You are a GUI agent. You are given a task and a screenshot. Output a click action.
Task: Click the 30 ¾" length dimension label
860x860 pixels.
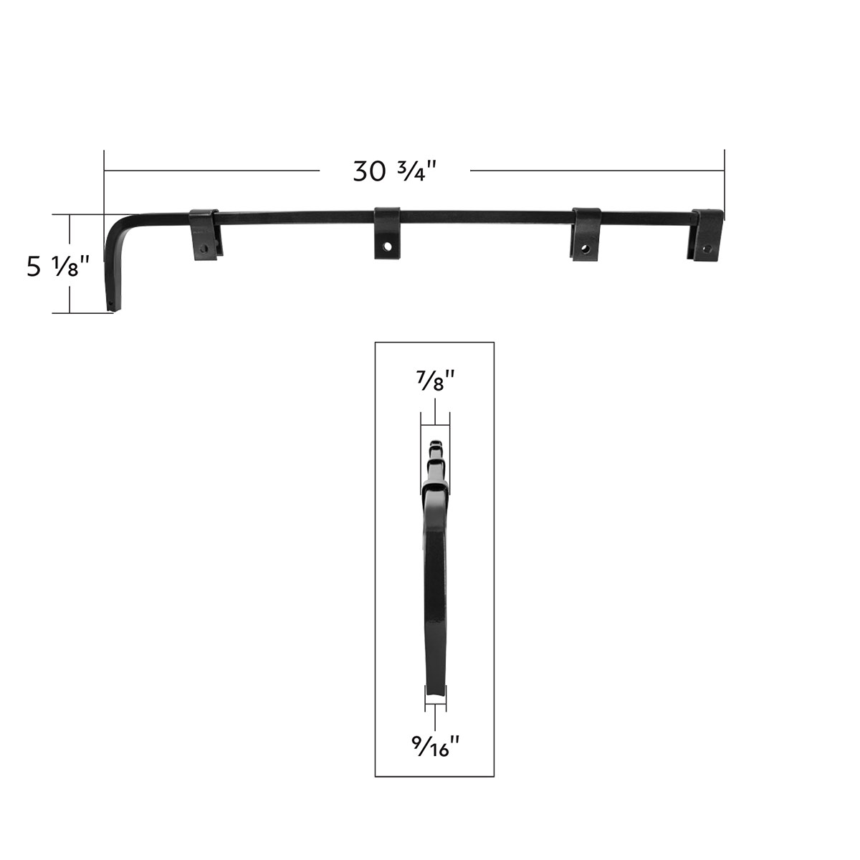[395, 171]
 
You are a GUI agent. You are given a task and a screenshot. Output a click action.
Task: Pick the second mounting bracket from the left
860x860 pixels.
[387, 232]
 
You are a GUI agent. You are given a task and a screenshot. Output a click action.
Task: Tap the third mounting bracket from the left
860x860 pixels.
[586, 234]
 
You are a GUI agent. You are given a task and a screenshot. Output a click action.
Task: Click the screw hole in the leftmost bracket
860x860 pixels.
[206, 249]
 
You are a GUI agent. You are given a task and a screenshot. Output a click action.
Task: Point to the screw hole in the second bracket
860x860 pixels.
[388, 246]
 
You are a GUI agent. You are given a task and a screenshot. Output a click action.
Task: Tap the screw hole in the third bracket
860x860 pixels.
[586, 250]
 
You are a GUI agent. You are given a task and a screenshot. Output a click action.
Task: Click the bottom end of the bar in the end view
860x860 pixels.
[435, 692]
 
